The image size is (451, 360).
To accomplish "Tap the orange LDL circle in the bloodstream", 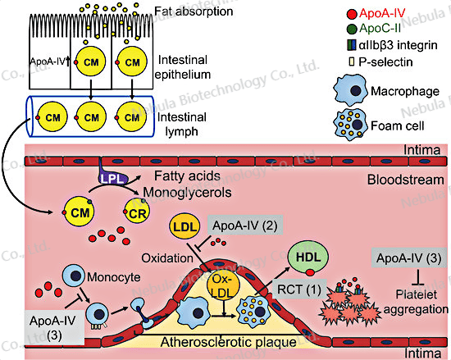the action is tap(184, 226).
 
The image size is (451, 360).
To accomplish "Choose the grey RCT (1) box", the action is tap(299, 289).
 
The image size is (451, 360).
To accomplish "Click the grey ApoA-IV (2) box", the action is tap(245, 226).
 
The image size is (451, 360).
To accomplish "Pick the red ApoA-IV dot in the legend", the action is tap(352, 14).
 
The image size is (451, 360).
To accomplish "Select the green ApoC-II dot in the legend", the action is tap(352, 29).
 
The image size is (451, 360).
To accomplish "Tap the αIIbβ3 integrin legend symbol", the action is tap(352, 45).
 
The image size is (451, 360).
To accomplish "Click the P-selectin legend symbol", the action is tap(351, 62).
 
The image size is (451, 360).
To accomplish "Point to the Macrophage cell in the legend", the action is tap(351, 90).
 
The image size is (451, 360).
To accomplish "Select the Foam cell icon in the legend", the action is tap(351, 125).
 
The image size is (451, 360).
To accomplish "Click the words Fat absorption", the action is tap(194, 11).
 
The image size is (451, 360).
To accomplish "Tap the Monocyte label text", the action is tap(114, 277).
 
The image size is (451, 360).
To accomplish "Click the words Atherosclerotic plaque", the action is tap(229, 342).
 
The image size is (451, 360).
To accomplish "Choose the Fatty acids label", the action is tap(187, 176).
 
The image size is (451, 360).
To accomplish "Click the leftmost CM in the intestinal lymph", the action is tap(52, 117).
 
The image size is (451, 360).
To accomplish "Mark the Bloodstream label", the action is tap(406, 180).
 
